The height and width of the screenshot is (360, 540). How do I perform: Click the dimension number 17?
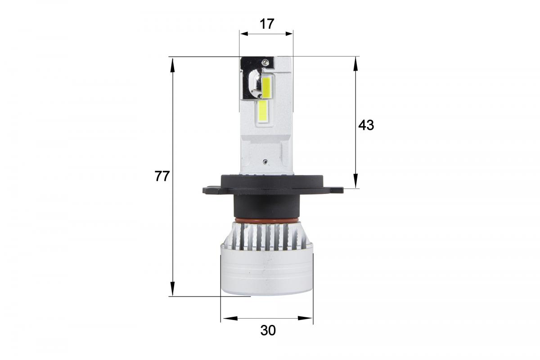point(267,24)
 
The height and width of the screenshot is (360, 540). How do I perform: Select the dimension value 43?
point(366,125)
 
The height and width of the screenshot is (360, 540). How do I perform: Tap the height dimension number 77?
point(162,176)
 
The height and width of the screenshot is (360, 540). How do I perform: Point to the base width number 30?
point(268,331)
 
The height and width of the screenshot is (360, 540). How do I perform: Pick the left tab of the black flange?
point(212,189)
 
